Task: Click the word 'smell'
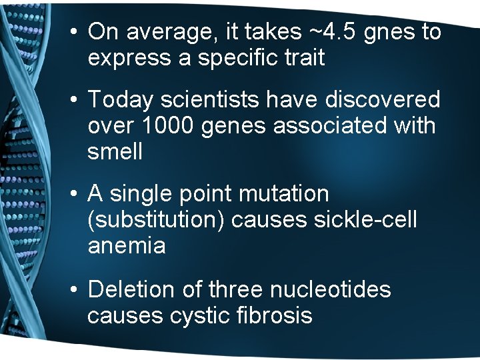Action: (x=115, y=152)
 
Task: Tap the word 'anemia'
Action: (x=127, y=246)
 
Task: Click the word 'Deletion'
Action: (x=129, y=289)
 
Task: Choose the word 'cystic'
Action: (x=201, y=315)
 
